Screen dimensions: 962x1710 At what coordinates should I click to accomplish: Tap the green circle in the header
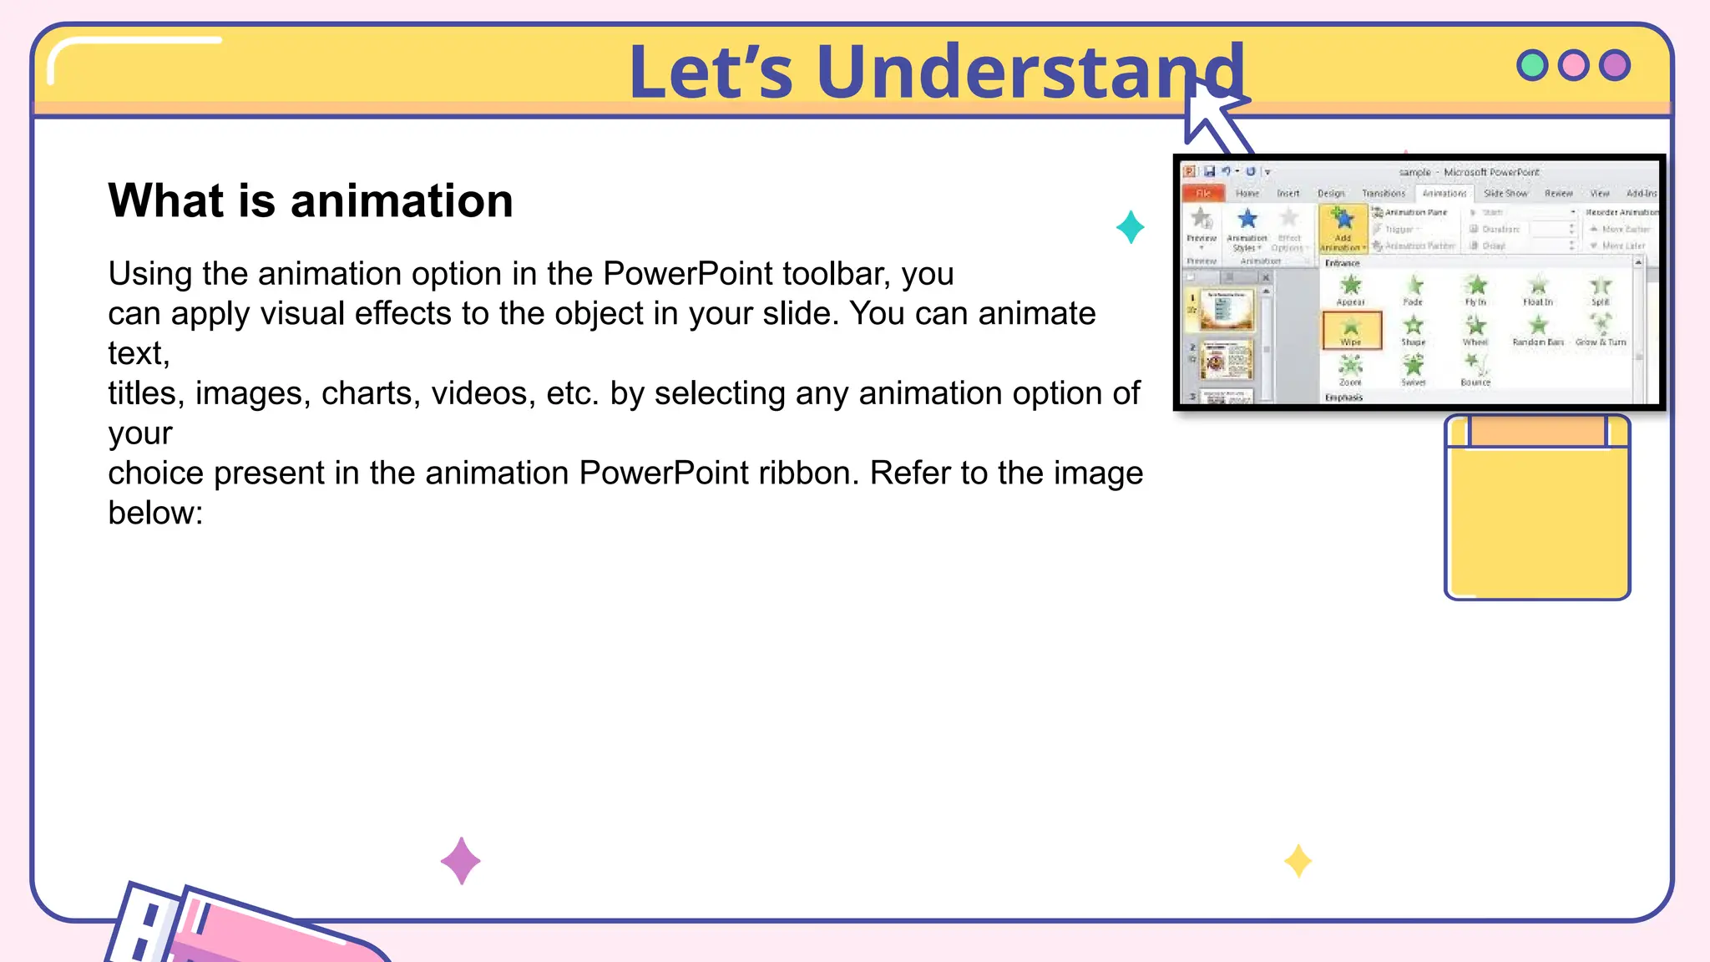click(1532, 65)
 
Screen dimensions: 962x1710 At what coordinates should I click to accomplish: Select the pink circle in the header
click(1574, 65)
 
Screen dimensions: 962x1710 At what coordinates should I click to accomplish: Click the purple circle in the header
click(1615, 65)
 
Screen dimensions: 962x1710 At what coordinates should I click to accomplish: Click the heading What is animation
click(311, 201)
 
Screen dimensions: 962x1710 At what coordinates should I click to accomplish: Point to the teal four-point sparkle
click(1130, 227)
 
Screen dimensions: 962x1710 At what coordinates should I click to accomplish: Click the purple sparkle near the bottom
click(460, 861)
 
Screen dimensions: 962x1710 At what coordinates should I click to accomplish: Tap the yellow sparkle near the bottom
click(1298, 861)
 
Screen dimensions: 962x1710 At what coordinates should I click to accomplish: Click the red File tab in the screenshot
click(1203, 193)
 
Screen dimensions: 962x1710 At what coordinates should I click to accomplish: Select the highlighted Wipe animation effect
click(1351, 330)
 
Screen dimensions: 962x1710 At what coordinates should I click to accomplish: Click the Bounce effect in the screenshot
click(1475, 368)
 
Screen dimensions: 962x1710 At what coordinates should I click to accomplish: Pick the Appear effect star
click(1350, 289)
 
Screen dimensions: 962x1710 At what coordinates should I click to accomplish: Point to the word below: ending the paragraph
click(155, 513)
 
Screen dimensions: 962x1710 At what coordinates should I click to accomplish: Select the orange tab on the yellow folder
click(1537, 432)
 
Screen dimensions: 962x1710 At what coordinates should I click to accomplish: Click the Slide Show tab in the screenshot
click(1505, 193)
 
